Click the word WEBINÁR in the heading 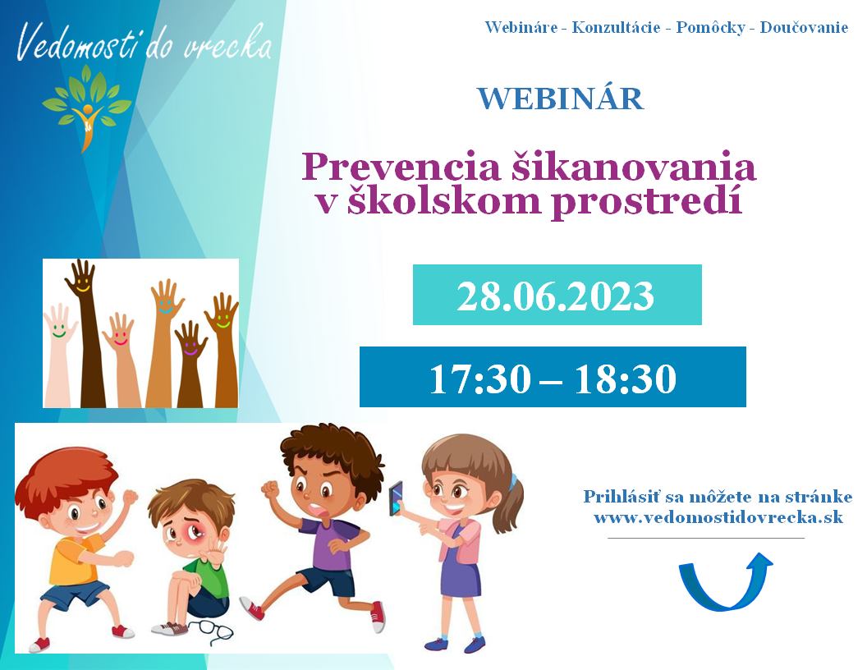(x=560, y=99)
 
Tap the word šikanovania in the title (x=632, y=167)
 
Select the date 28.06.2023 (x=556, y=296)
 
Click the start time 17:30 (x=480, y=379)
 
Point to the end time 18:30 (x=626, y=379)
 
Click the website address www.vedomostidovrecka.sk (x=718, y=517)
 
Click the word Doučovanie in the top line (x=804, y=27)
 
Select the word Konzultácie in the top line (x=616, y=27)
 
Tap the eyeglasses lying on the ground (x=212, y=631)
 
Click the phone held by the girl (x=397, y=498)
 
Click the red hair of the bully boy (x=65, y=475)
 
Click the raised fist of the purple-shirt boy (x=270, y=490)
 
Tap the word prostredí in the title (x=646, y=202)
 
